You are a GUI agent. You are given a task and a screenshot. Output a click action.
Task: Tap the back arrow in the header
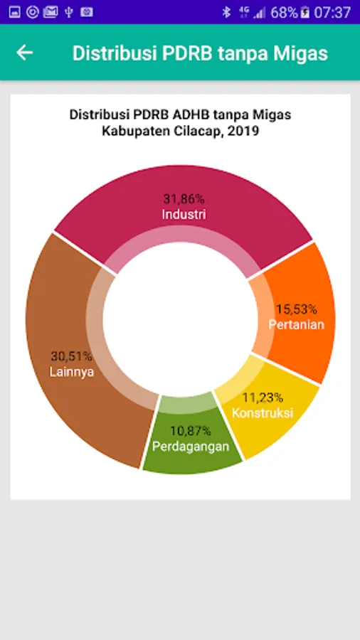coord(24,53)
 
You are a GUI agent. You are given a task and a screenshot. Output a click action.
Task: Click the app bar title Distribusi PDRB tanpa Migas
coord(200,53)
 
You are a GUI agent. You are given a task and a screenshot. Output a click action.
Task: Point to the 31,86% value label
coord(184,199)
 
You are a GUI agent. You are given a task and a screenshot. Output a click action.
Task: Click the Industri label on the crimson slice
coord(184,214)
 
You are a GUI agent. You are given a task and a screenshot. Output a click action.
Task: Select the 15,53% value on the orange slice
coord(297,309)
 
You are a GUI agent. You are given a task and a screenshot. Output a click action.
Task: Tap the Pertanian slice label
coord(297,324)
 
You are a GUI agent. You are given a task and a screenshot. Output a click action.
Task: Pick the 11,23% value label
coord(263,397)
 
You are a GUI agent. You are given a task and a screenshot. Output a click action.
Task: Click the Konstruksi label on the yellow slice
coord(263,412)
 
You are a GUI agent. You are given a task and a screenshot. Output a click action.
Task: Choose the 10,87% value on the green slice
coord(191,431)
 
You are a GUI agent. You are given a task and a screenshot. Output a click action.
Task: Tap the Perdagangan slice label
coord(191,446)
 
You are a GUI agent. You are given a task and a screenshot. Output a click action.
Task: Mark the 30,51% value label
coord(72,356)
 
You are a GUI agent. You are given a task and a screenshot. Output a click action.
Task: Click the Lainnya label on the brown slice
coord(72,372)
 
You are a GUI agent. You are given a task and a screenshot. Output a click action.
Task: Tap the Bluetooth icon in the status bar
coord(226,12)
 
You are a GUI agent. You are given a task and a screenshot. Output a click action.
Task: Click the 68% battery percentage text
coord(284,13)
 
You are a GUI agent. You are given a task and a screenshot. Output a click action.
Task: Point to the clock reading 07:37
coord(333,13)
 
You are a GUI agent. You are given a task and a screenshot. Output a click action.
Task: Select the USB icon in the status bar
coord(68,12)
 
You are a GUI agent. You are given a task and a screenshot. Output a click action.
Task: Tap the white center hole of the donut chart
coord(180,319)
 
